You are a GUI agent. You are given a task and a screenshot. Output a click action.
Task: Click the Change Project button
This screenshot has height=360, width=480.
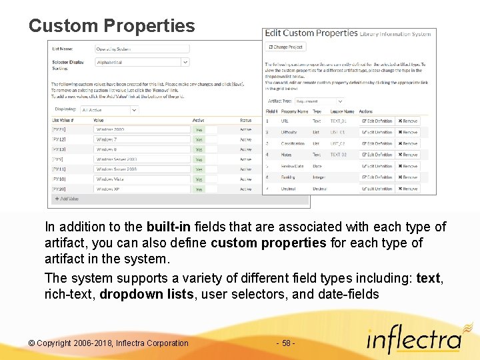[x=285, y=47]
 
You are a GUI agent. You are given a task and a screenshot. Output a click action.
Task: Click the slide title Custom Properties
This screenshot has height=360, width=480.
[x=112, y=26]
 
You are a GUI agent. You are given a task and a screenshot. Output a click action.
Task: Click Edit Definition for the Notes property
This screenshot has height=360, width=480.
[x=377, y=155]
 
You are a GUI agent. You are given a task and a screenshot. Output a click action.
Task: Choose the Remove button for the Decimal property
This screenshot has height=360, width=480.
[x=407, y=189]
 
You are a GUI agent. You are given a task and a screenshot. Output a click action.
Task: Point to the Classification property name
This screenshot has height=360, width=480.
[x=293, y=143]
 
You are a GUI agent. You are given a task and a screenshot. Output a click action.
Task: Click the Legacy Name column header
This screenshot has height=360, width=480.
[x=341, y=111]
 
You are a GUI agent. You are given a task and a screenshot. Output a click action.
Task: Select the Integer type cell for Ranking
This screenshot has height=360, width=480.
[x=319, y=177]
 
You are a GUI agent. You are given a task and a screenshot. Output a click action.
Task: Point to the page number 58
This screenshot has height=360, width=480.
[x=285, y=343]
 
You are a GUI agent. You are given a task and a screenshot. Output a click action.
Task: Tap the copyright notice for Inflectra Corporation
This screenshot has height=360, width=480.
[x=109, y=343]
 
